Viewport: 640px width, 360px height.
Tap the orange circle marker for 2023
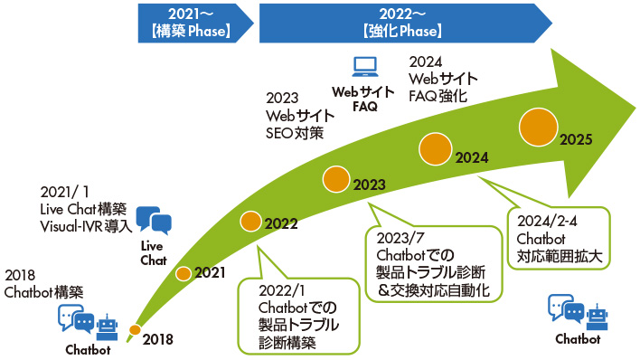336,179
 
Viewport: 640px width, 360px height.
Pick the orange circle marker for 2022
252,220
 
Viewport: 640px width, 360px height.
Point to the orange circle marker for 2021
184,273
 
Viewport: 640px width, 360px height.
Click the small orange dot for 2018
135,329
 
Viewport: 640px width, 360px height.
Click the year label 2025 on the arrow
576,139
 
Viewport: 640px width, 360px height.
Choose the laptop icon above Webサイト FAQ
364,66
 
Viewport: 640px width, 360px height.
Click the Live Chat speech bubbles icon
153,221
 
